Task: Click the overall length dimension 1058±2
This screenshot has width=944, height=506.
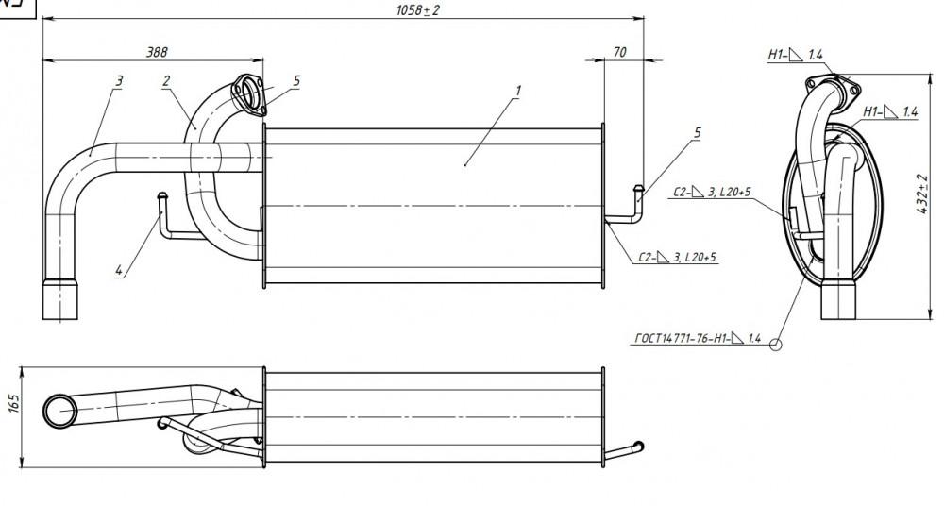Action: [x=417, y=10]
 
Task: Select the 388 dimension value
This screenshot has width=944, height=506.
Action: [x=157, y=53]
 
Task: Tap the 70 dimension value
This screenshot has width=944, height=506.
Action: [x=619, y=53]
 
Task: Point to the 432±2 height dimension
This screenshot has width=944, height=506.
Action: [x=921, y=195]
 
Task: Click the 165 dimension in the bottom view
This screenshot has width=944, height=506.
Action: [x=14, y=404]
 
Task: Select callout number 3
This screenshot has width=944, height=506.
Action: [x=119, y=81]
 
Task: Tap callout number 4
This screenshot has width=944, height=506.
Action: [x=119, y=271]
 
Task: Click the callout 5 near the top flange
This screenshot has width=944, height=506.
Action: [x=296, y=81]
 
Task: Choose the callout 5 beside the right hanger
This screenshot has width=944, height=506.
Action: [x=698, y=132]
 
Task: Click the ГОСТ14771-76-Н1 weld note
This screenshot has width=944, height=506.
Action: [x=699, y=339]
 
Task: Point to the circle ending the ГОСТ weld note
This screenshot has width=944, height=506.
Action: [x=775, y=345]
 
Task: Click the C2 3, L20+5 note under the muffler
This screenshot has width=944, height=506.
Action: [x=678, y=258]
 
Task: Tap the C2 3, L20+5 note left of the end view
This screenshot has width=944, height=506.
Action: [x=712, y=193]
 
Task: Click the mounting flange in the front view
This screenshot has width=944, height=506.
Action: [x=249, y=94]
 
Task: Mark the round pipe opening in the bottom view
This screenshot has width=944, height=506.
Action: [x=60, y=412]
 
